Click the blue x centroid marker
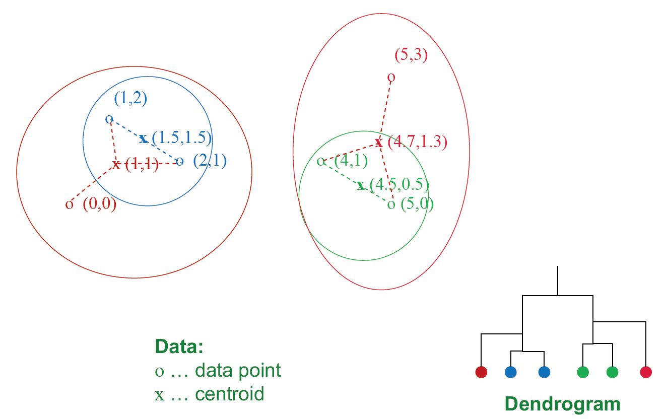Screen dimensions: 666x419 (x=143, y=138)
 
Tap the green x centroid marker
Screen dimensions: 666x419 (x=361, y=186)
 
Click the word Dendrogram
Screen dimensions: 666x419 (x=562, y=404)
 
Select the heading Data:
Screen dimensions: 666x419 (x=179, y=346)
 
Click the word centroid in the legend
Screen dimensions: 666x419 (x=229, y=394)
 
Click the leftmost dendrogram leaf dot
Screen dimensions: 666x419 (x=482, y=372)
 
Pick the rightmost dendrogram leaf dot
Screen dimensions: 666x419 (x=646, y=372)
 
